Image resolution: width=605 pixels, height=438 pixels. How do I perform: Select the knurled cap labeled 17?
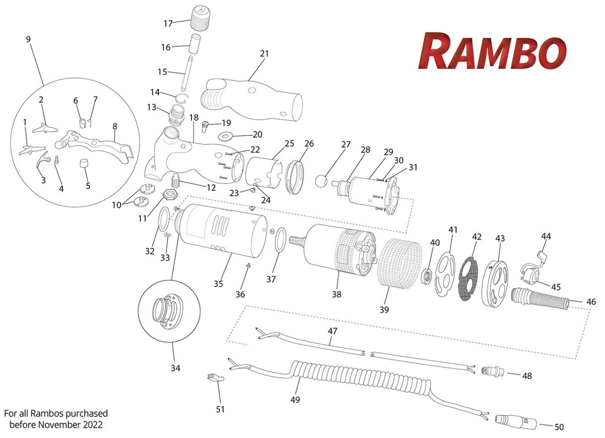click(200, 18)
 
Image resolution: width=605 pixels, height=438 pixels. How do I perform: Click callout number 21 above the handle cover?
click(265, 53)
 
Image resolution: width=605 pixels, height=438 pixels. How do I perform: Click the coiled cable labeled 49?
click(353, 379)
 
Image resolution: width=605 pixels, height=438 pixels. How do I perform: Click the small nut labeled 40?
click(426, 276)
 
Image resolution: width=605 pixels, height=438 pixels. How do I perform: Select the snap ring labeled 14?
click(182, 97)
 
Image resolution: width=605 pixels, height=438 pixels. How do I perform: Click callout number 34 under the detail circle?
click(175, 368)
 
